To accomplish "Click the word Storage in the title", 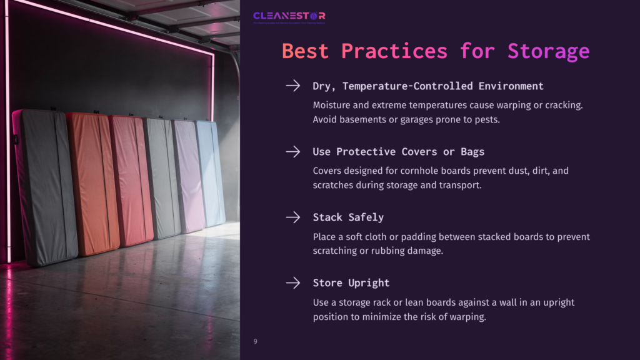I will pyautogui.click(x=548, y=51).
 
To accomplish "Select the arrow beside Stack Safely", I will pyautogui.click(x=292, y=217).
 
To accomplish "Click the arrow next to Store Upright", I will pyautogui.click(x=292, y=282).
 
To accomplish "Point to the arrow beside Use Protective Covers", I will pyautogui.click(x=292, y=151).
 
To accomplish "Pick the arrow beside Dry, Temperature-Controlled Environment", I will pyautogui.click(x=292, y=86).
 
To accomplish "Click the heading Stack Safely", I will pyautogui.click(x=348, y=217).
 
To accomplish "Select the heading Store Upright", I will pyautogui.click(x=351, y=283).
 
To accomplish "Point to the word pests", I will pyautogui.click(x=486, y=119).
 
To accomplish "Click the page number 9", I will pyautogui.click(x=255, y=341).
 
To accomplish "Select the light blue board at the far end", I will pyautogui.click(x=210, y=172).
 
